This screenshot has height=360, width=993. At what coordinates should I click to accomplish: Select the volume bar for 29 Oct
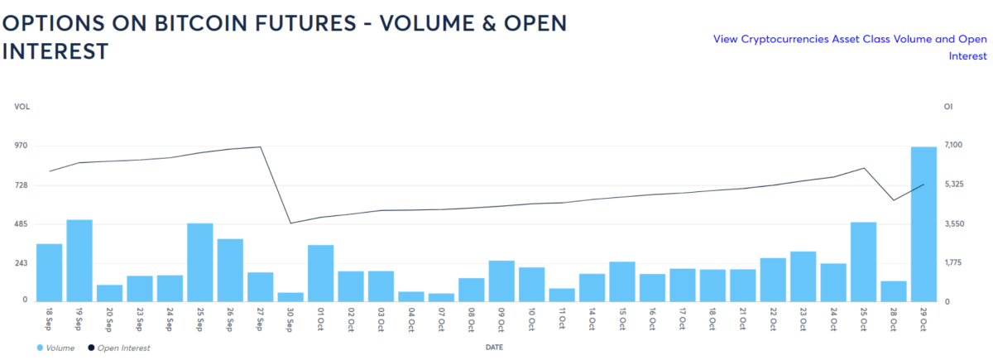923,223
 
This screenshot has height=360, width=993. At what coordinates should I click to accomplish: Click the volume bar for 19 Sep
79,260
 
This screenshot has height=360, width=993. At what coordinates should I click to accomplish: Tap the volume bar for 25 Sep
200,262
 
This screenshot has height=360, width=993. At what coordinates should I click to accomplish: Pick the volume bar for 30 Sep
290,296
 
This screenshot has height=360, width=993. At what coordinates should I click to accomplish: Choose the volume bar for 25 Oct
863,261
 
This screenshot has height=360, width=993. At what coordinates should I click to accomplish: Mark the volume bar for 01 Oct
320,272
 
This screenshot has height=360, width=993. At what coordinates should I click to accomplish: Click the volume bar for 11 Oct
562,294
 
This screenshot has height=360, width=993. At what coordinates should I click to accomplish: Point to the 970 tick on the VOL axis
20,146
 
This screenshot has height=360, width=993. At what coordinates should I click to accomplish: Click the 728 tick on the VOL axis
20,185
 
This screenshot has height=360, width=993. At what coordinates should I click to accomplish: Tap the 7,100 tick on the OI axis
953,146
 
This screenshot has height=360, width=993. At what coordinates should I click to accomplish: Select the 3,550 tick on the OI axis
953,224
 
